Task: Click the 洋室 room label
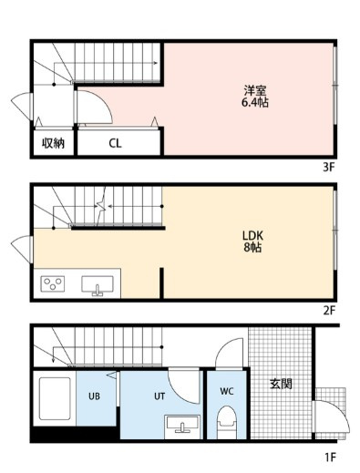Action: click(x=255, y=90)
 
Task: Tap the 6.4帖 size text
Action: click(x=255, y=103)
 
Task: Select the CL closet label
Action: click(x=115, y=143)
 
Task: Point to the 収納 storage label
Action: click(x=53, y=143)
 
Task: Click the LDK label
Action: click(x=252, y=235)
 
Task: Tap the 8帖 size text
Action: click(x=252, y=248)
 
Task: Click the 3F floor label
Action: click(x=329, y=168)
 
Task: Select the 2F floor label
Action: click(x=329, y=311)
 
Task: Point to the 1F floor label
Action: click(x=330, y=458)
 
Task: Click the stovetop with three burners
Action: click(x=53, y=283)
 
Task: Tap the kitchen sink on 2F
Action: click(x=98, y=285)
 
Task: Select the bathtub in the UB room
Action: click(x=55, y=398)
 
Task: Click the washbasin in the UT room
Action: click(x=182, y=427)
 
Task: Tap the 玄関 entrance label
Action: click(x=281, y=384)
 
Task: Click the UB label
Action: click(x=94, y=396)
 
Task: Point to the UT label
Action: click(x=159, y=396)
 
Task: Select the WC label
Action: click(x=227, y=391)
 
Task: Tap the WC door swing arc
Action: click(x=225, y=346)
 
